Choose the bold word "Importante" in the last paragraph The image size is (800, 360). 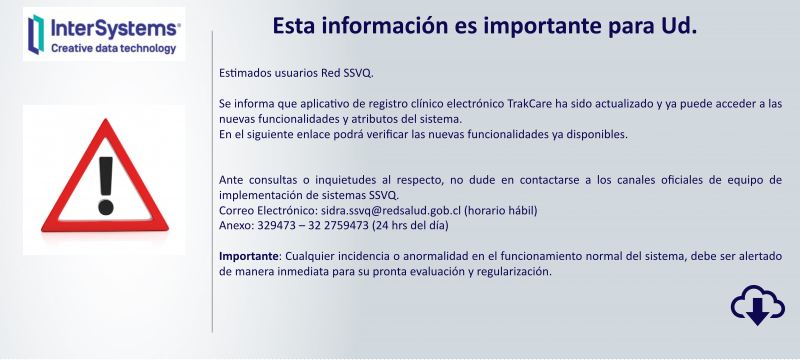248,256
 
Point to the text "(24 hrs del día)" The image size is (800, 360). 411,225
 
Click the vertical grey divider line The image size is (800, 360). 212,180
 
